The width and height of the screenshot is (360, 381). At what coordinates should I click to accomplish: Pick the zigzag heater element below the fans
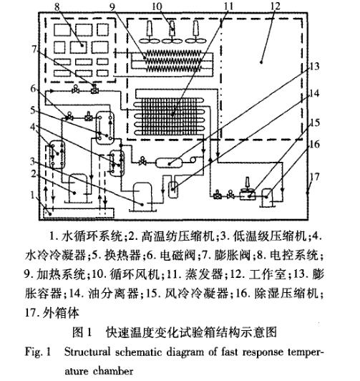(x=174, y=57)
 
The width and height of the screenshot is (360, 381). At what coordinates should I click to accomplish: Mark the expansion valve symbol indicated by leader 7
(x=94, y=90)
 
